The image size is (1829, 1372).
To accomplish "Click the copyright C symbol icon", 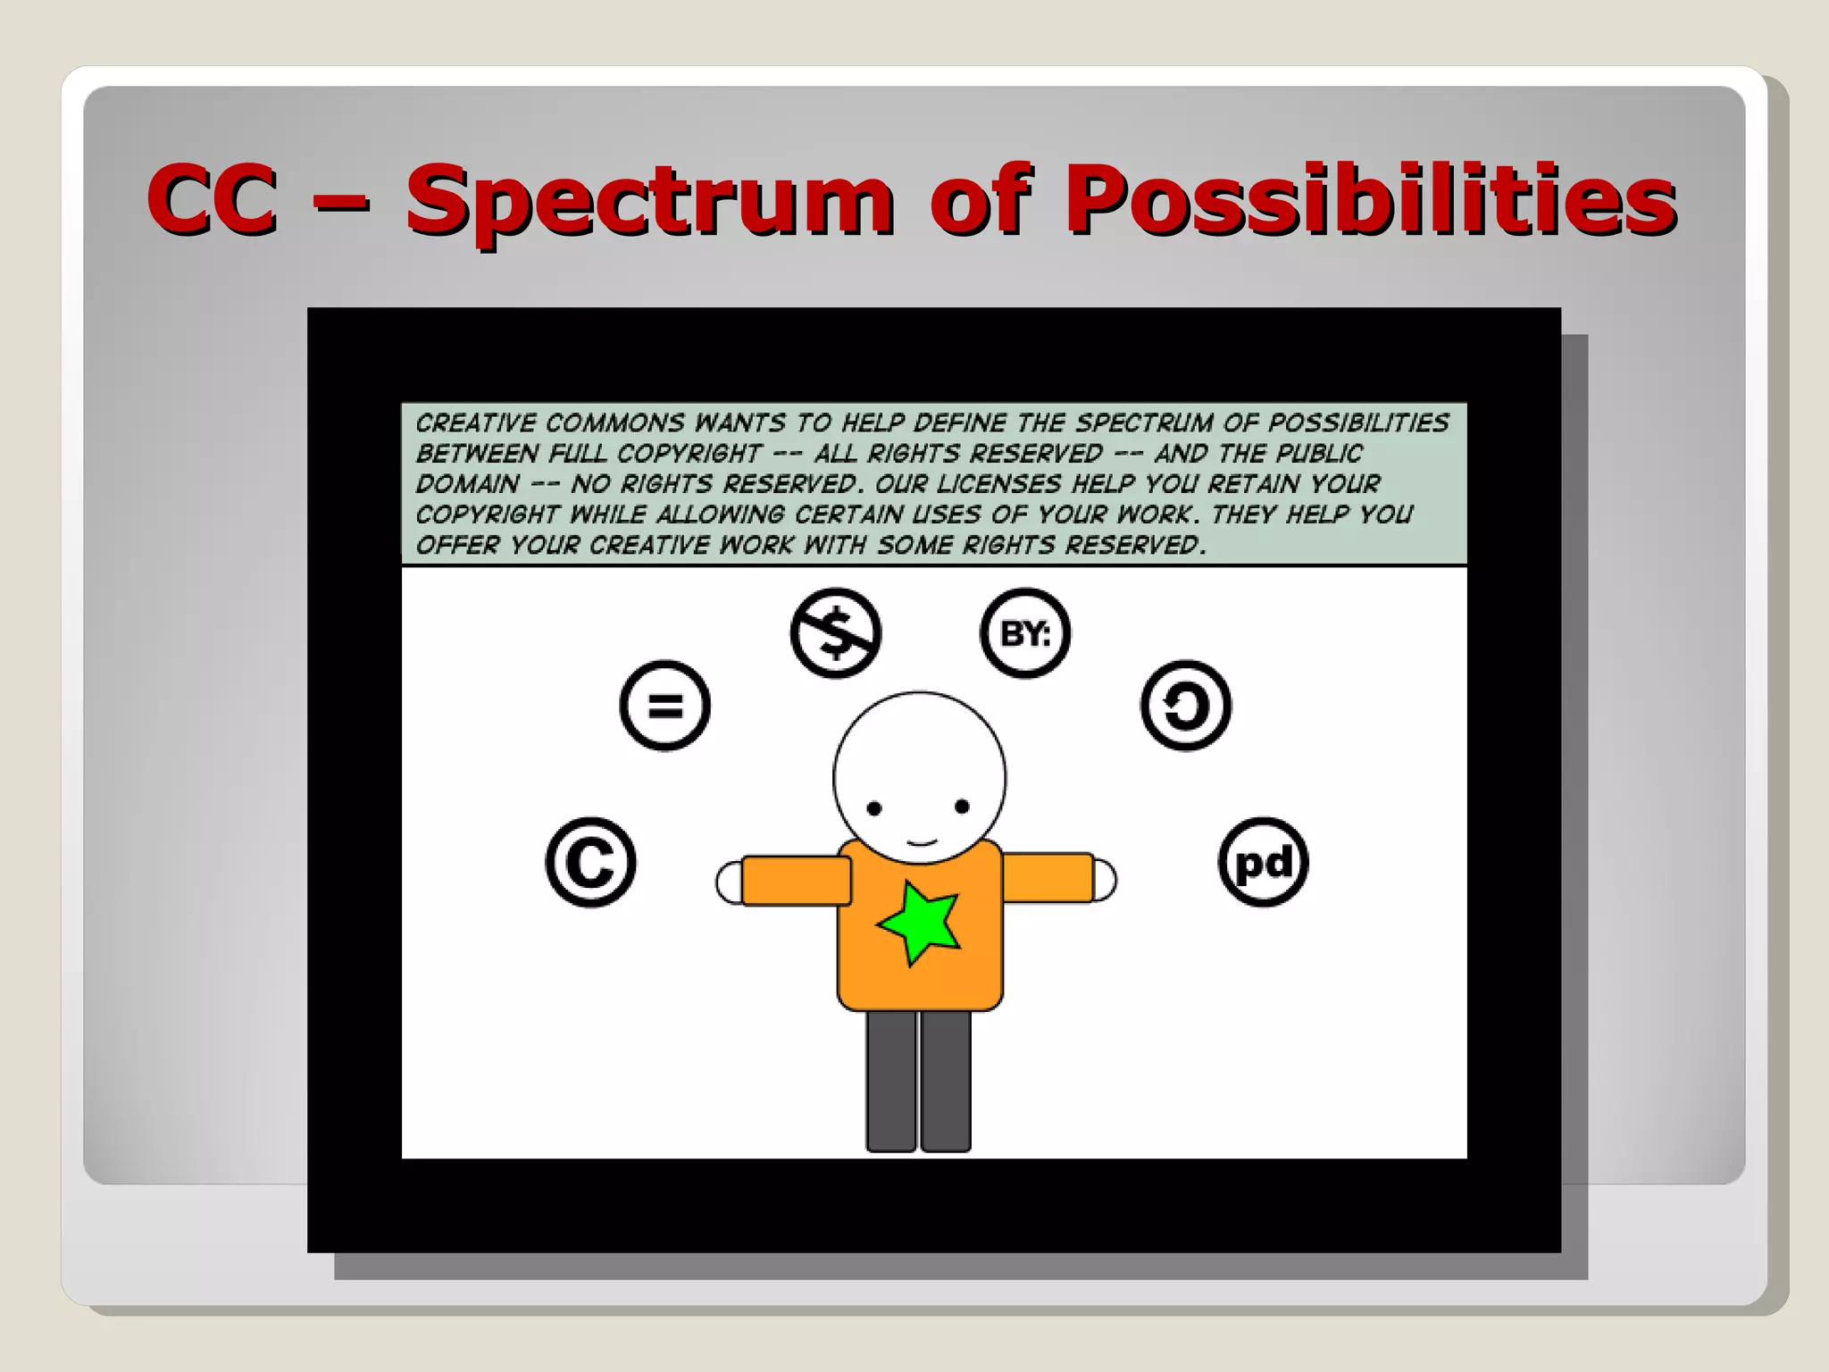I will pyautogui.click(x=590, y=863).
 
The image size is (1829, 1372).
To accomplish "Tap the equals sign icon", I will pyautogui.click(x=665, y=706).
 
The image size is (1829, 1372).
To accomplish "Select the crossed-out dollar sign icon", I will pyautogui.click(x=836, y=632).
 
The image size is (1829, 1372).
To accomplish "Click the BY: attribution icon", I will pyautogui.click(x=1025, y=632).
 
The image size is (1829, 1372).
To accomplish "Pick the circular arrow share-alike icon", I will pyautogui.click(x=1186, y=706).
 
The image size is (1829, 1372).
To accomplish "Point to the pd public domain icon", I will pyautogui.click(x=1263, y=863).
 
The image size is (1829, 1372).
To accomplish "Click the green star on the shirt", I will pyautogui.click(x=919, y=924).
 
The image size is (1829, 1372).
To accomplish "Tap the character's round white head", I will pyautogui.click(x=920, y=759).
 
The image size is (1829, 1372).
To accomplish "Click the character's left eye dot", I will pyautogui.click(x=874, y=809).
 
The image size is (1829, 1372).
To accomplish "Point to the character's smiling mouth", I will pyautogui.click(x=921, y=841).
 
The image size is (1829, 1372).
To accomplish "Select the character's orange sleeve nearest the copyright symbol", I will pyautogui.click(x=796, y=881).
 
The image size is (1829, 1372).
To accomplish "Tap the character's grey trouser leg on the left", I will pyautogui.click(x=891, y=1081).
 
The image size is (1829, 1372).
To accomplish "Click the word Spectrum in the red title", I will pyautogui.click(x=649, y=201).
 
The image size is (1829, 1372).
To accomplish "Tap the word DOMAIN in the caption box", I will pyautogui.click(x=467, y=484).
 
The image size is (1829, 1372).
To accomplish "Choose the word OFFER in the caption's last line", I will pyautogui.click(x=456, y=545).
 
